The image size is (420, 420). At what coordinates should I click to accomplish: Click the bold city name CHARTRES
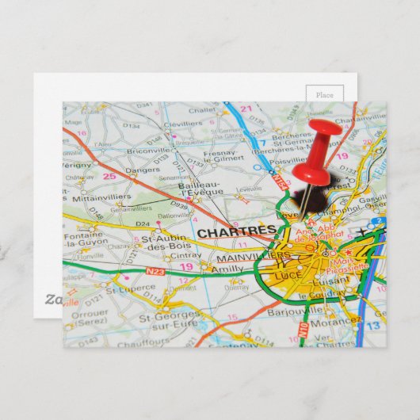[236, 232]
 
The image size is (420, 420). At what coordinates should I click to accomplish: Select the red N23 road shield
[155, 272]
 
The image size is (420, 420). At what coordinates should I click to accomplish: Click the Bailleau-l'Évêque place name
[201, 187]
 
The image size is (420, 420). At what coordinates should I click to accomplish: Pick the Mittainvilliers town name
[101, 197]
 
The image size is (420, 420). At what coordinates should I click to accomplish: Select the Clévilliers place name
[184, 124]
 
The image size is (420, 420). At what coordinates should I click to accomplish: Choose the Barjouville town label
[292, 311]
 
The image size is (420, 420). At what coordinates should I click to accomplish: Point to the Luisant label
[331, 280]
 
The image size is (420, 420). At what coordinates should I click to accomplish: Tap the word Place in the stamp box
[325, 94]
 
